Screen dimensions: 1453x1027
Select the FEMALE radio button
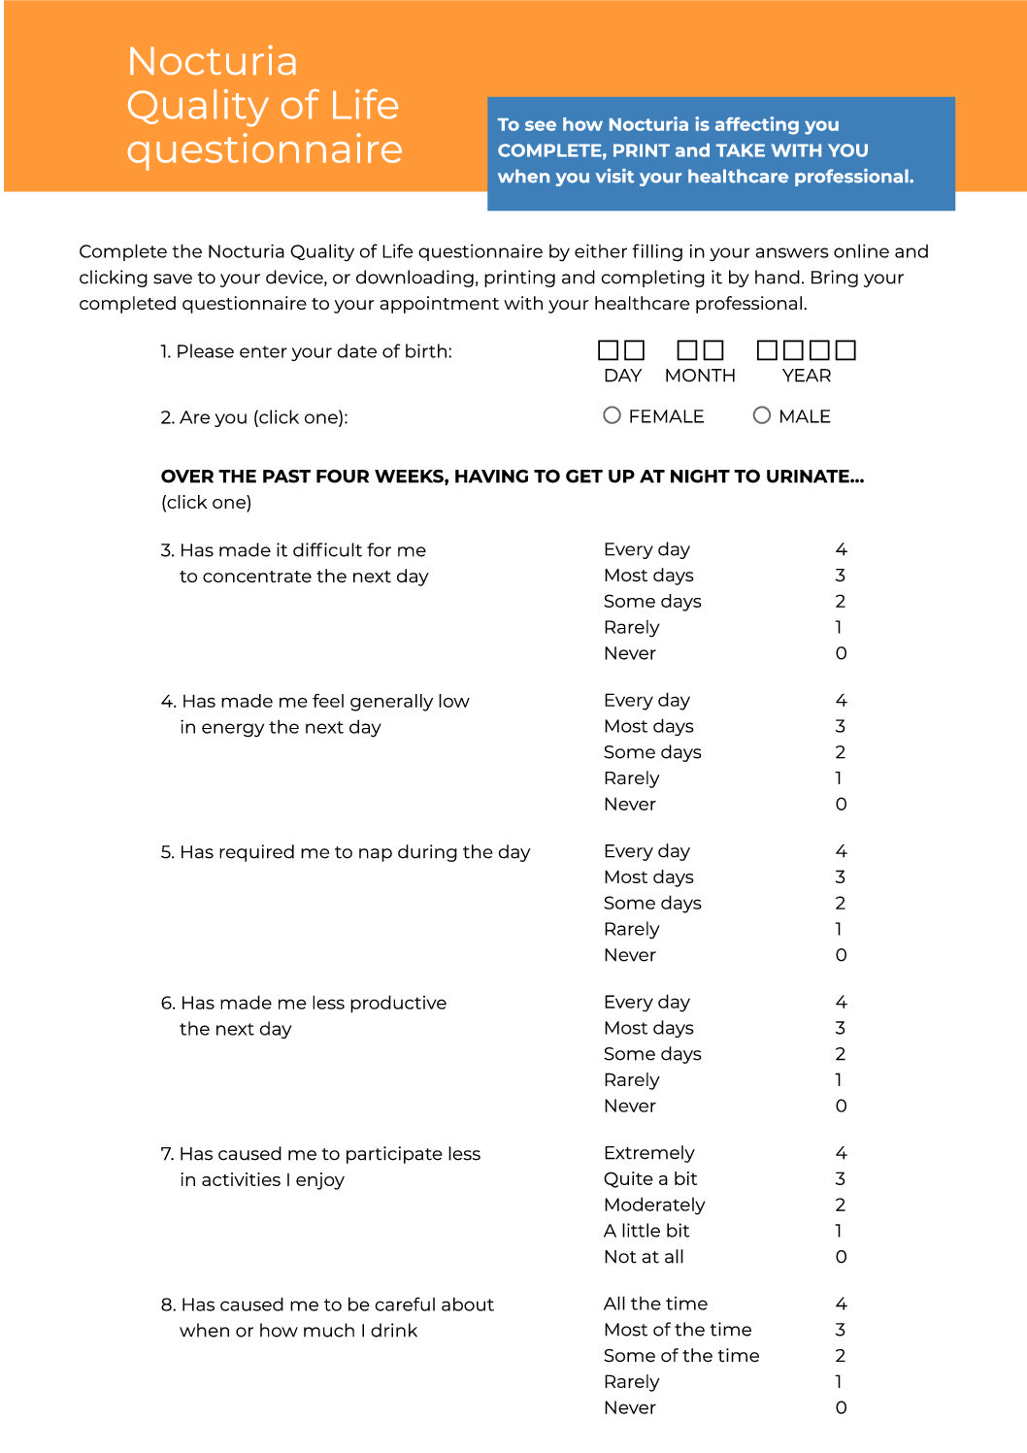tap(612, 415)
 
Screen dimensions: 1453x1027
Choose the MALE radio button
tap(762, 415)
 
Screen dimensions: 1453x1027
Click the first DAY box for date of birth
tap(608, 349)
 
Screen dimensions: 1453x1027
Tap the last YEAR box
tap(846, 349)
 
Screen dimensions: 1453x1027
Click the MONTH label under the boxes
tap(700, 376)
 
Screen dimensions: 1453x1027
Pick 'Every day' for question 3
tap(646, 549)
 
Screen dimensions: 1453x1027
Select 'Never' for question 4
tap(630, 805)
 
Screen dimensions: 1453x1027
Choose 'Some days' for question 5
tap(652, 904)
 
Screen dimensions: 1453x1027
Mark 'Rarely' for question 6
tap(631, 1080)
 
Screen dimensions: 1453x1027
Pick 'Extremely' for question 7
tap(649, 1153)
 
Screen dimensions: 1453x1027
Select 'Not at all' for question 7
tap(644, 1257)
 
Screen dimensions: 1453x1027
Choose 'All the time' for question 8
tap(655, 1304)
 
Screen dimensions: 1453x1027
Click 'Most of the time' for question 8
tap(678, 1330)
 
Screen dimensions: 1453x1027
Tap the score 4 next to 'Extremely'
tap(841, 1153)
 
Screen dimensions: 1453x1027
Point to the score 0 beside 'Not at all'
tap(841, 1257)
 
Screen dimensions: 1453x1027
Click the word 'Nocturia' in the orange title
tap(213, 61)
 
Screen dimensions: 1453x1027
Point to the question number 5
tap(167, 852)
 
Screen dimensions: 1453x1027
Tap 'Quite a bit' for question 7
tap(650, 1179)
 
